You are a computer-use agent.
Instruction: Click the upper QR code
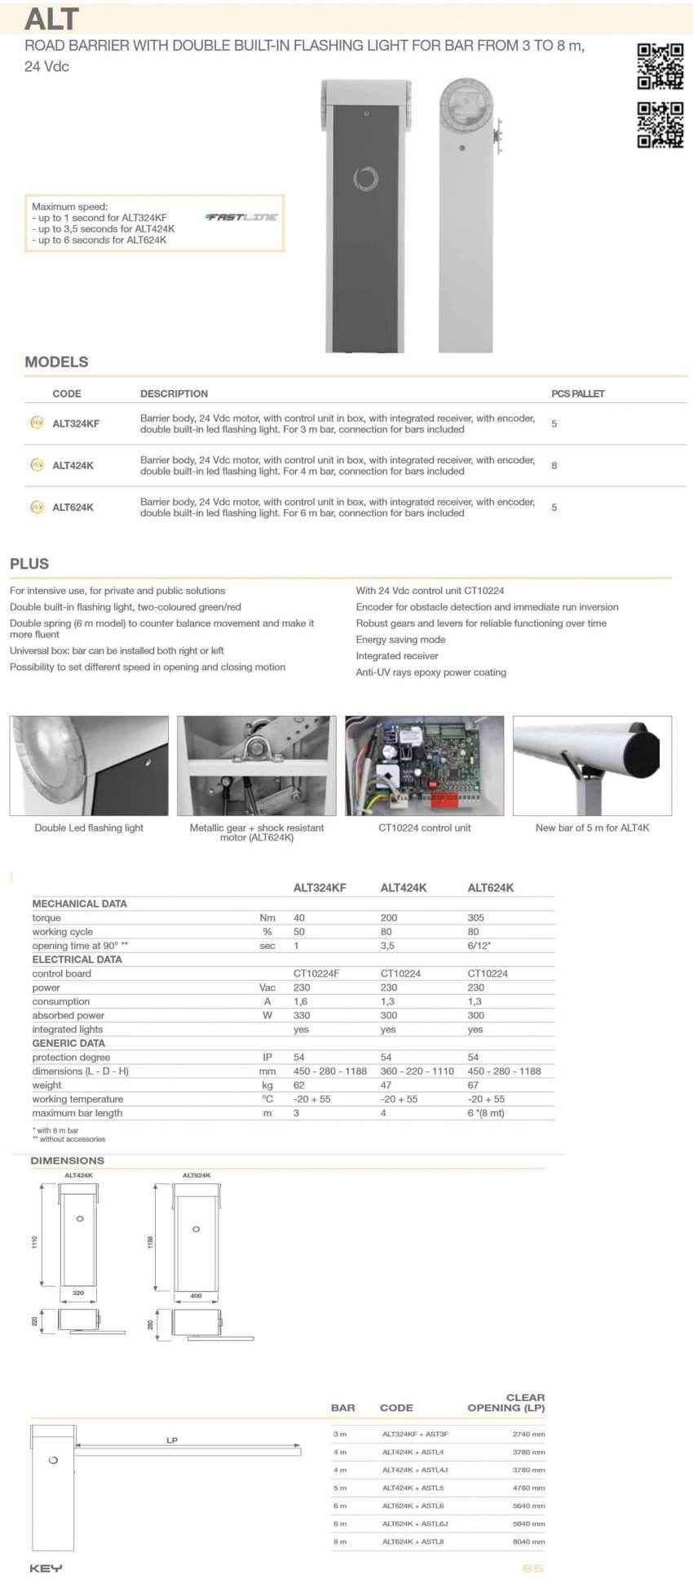pos(660,65)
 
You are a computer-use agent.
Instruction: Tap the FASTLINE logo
pos(242,217)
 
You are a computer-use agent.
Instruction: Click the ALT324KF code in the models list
pos(76,424)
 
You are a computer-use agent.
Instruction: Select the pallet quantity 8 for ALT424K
pos(554,465)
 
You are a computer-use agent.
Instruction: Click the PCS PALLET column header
pos(577,393)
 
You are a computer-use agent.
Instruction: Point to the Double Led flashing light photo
pos(89,765)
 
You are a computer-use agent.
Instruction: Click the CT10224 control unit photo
pos(424,765)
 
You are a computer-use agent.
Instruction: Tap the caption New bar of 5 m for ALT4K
pos(592,827)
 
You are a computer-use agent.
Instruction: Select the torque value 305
pos(476,918)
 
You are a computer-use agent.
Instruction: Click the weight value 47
pos(386,1085)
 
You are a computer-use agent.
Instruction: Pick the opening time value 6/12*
pos(479,946)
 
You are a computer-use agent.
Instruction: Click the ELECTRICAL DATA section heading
pos(77,960)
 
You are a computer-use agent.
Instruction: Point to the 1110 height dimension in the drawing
pos(34,1241)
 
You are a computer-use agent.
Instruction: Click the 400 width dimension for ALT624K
pos(196,1296)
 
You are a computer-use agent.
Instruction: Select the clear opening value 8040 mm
pos(528,1541)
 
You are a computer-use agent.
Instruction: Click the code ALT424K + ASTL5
pos(413,1488)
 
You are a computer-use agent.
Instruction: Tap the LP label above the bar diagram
pos(172,1439)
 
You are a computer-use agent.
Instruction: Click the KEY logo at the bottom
pos(46,1568)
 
